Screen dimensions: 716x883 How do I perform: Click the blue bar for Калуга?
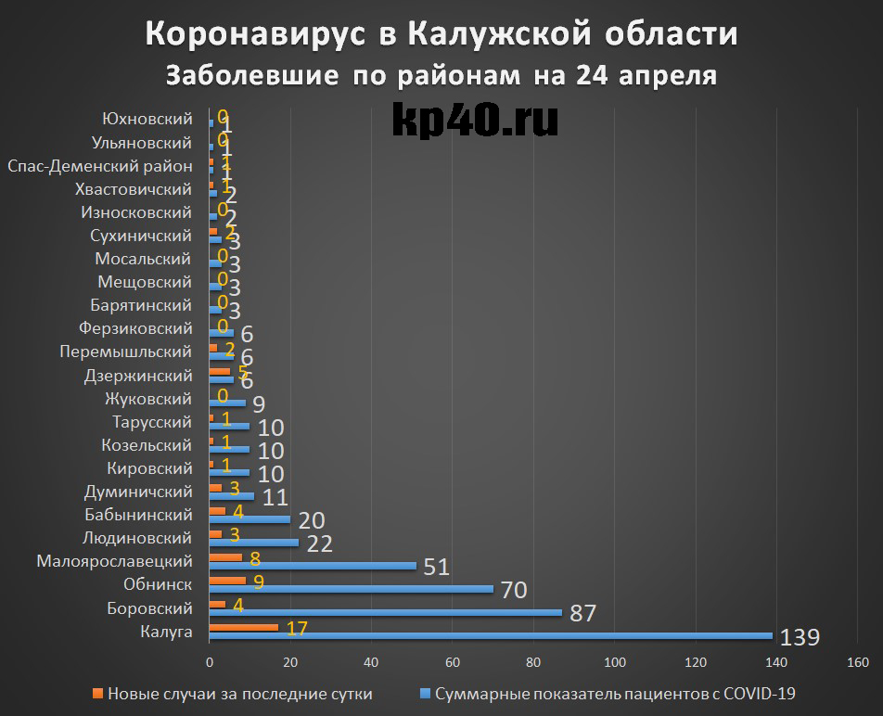point(492,635)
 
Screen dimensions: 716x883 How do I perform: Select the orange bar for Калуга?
point(244,627)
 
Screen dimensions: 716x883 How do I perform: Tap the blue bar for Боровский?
point(386,612)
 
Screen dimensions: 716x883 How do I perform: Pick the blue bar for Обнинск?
point(352,588)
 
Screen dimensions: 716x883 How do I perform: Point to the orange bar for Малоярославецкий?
point(226,557)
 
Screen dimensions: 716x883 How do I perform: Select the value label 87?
point(583,614)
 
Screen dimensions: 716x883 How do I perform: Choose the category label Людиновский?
point(138,538)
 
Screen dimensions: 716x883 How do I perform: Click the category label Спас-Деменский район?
point(99,167)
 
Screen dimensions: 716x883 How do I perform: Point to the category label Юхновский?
point(147,119)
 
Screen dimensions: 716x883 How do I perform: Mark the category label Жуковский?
point(150,399)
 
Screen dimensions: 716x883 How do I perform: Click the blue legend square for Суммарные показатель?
point(426,694)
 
